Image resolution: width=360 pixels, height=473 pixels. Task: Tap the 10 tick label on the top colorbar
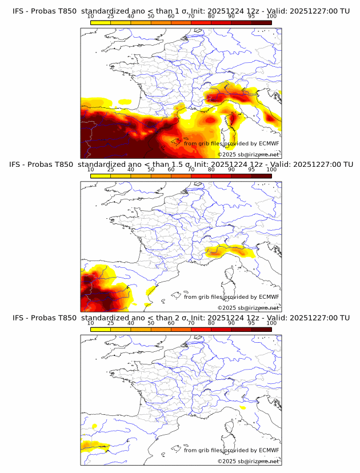point(91,16)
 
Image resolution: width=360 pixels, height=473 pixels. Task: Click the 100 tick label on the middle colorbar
point(271,170)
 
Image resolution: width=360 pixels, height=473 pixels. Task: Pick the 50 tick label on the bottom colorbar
point(151,323)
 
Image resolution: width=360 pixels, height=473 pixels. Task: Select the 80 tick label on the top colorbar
point(211,16)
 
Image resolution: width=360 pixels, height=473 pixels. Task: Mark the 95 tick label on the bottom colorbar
point(251,323)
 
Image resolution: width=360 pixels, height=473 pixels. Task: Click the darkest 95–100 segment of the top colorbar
point(262,22)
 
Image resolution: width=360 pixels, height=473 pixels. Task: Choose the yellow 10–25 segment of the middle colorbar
point(101,175)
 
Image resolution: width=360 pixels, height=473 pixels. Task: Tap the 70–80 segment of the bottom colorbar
point(201,328)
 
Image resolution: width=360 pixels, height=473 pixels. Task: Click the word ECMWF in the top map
point(269,143)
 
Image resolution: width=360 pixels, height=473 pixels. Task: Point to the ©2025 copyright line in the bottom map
point(248,461)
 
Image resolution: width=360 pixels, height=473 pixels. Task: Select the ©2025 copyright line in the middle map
point(248,307)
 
